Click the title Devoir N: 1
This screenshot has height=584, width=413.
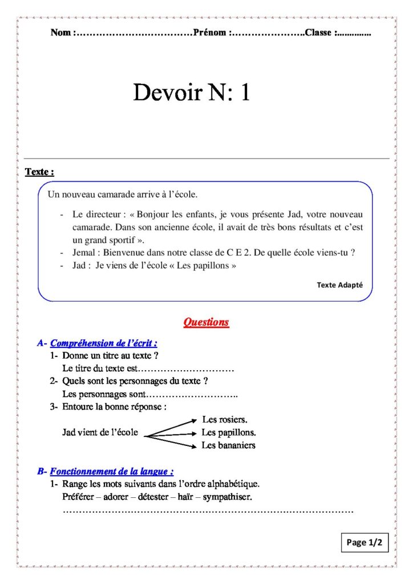click(192, 92)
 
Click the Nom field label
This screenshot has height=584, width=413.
click(61, 33)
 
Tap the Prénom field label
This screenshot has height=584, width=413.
click(210, 33)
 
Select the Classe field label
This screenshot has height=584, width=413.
click(319, 33)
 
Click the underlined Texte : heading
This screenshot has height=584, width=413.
click(39, 172)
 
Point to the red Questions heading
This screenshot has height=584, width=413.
click(206, 322)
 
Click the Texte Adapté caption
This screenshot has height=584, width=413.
click(339, 285)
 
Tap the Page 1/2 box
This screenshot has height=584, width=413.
click(365, 542)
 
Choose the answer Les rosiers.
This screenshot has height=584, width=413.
click(225, 420)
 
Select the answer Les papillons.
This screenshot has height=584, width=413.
click(228, 432)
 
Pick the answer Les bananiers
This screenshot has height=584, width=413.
click(228, 445)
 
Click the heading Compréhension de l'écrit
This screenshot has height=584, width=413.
click(103, 343)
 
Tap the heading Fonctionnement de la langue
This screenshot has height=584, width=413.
click(111, 472)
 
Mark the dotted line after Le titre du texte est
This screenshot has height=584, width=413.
click(188, 368)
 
